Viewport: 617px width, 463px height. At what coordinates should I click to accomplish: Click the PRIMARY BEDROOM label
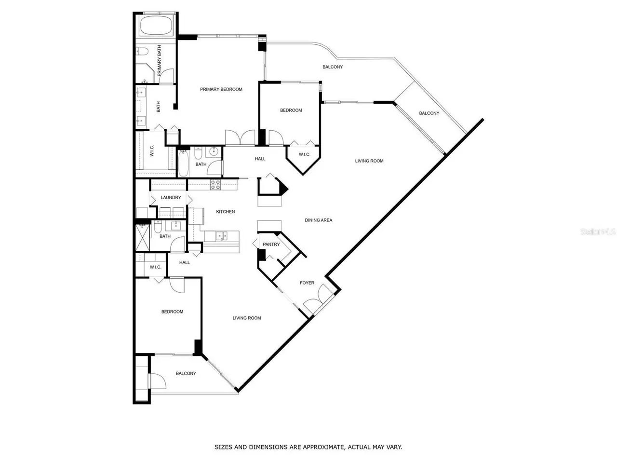coord(221,89)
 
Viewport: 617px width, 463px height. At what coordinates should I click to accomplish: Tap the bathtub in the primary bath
coord(155,26)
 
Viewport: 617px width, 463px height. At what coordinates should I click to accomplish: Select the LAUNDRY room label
coord(171,198)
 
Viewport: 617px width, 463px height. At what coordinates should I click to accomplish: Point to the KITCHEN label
coord(225,212)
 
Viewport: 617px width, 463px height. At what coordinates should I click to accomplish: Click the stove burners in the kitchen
coord(215,185)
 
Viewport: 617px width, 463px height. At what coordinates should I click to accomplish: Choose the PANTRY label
coord(271,245)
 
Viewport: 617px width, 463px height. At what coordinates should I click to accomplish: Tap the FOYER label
coord(307,283)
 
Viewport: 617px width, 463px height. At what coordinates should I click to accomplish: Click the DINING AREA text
coord(319,220)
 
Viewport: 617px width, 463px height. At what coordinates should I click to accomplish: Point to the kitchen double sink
coord(221,235)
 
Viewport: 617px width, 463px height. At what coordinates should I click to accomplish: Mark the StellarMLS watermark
coord(598,232)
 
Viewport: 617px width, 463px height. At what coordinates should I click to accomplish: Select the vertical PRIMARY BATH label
coord(159,60)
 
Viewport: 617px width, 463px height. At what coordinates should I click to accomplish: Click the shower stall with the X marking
coord(143,238)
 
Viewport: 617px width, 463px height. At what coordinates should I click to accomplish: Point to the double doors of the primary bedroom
coord(240,137)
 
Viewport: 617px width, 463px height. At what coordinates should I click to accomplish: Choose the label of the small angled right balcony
coord(429,113)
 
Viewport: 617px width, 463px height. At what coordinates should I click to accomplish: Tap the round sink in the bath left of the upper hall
coord(214,151)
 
